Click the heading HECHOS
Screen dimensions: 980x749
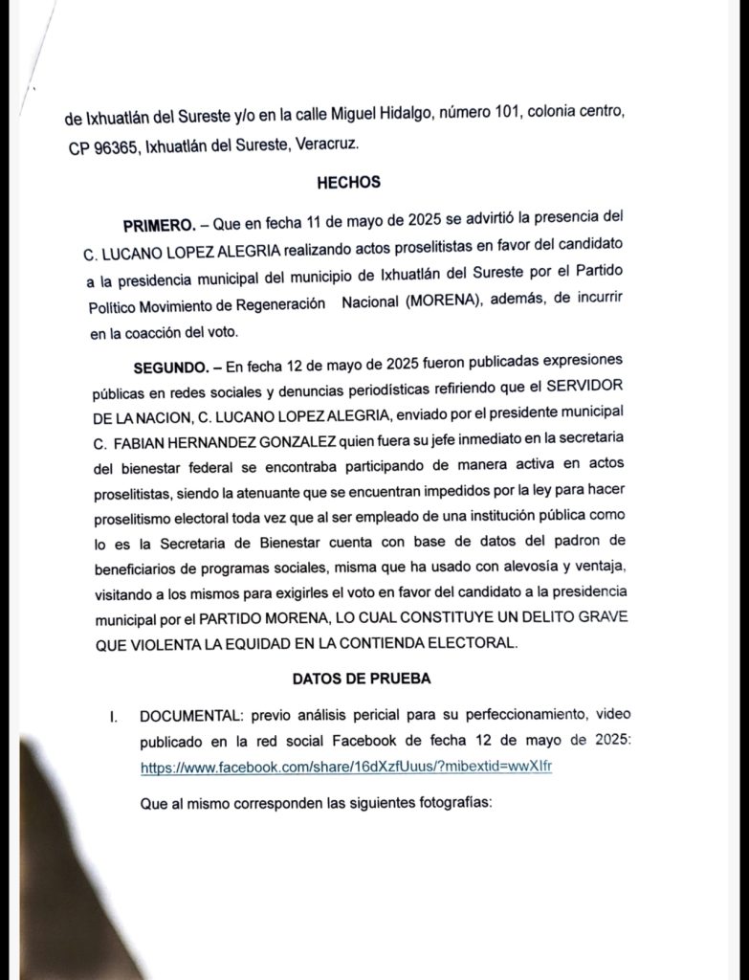coord(348,182)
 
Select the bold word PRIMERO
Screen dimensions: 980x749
coord(159,226)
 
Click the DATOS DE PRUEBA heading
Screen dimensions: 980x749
coord(361,679)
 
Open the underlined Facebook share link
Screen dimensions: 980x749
coord(346,768)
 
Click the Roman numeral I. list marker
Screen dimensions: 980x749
coord(113,716)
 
